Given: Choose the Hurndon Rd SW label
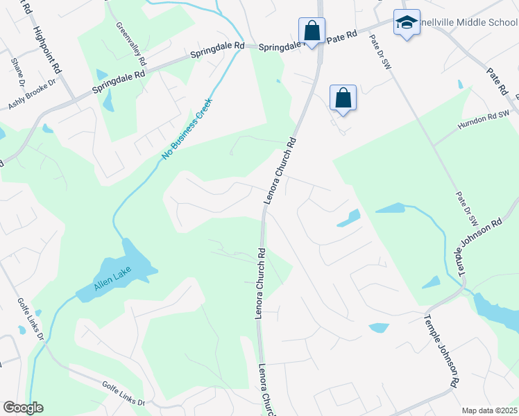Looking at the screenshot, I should [x=484, y=120].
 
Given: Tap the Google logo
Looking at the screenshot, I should [x=23, y=408].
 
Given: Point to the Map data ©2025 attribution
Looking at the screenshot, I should [x=488, y=410].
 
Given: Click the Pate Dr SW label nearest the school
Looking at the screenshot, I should [x=382, y=52].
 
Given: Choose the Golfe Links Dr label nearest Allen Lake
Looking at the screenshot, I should [x=31, y=319].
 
